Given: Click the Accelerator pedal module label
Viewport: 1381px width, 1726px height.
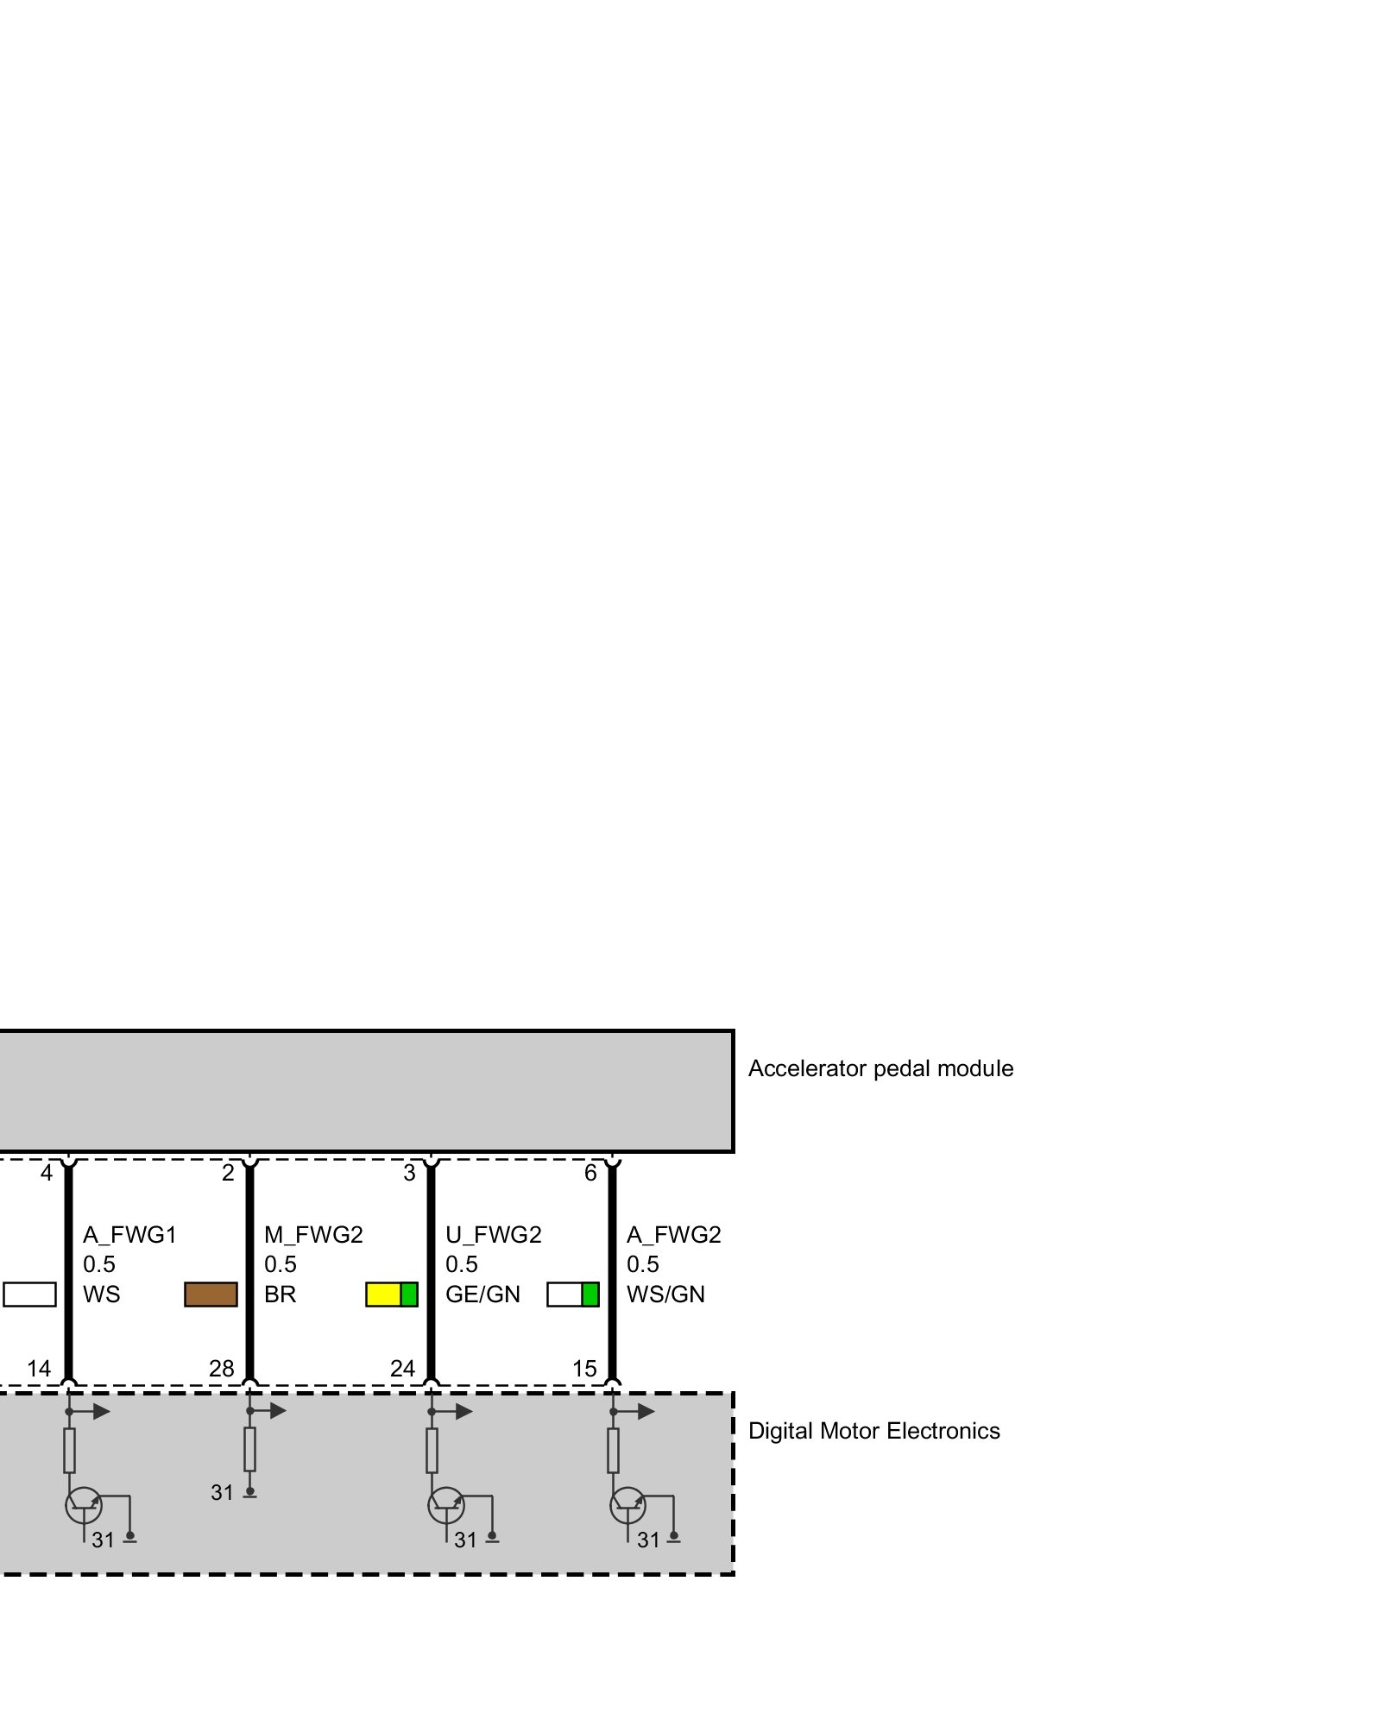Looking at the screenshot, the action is pyautogui.click(x=880, y=1068).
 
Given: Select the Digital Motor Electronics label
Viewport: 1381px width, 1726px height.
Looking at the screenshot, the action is pyautogui.click(x=873, y=1431).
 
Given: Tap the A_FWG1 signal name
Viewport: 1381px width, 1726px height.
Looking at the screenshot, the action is pyautogui.click(x=129, y=1235).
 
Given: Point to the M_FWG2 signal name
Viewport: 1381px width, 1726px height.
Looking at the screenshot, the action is pyautogui.click(x=313, y=1235).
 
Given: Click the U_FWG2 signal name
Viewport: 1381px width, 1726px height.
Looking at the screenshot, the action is pyautogui.click(x=493, y=1235).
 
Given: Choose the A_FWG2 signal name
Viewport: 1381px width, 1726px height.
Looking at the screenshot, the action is pyautogui.click(x=673, y=1235).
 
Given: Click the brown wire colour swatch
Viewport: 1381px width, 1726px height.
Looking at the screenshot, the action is pyautogui.click(x=211, y=1294).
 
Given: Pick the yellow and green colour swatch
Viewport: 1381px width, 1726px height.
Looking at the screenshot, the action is pyautogui.click(x=392, y=1294).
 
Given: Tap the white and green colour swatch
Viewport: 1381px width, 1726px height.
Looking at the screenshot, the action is pyautogui.click(x=573, y=1294).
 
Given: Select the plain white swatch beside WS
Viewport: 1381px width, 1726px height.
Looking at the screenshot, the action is pyautogui.click(x=29, y=1294).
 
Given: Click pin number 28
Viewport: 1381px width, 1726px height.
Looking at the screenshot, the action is pyautogui.click(x=221, y=1369).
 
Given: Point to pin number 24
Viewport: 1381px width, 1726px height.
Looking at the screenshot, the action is pyautogui.click(x=402, y=1369).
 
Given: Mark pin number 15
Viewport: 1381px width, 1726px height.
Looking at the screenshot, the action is pyautogui.click(x=584, y=1369).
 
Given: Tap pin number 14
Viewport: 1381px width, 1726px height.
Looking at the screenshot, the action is pyautogui.click(x=39, y=1369).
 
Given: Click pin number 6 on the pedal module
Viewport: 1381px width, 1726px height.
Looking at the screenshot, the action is pyautogui.click(x=590, y=1173).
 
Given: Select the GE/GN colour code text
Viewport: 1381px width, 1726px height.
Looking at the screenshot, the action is pyautogui.click(x=482, y=1294).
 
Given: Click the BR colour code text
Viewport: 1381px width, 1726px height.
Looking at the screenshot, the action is pyautogui.click(x=280, y=1294).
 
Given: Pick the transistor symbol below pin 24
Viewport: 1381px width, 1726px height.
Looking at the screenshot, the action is pyautogui.click(x=446, y=1506).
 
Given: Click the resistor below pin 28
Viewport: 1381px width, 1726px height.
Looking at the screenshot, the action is pyautogui.click(x=249, y=1449).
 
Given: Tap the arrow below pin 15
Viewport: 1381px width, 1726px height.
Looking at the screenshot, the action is pyautogui.click(x=639, y=1412).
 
